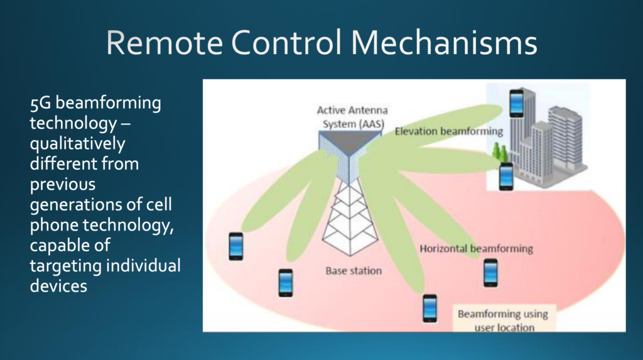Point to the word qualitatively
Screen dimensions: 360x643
(77, 144)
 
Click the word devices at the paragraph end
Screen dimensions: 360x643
(58, 286)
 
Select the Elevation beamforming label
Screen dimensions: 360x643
(449, 131)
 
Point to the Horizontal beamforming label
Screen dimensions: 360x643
(476, 249)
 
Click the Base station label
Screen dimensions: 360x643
(353, 271)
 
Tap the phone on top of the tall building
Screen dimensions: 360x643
(516, 104)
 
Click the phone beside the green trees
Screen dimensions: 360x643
(506, 176)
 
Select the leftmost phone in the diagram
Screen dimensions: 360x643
(235, 246)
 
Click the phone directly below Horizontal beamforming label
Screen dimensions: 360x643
(490, 273)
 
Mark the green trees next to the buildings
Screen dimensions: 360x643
(500, 152)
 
